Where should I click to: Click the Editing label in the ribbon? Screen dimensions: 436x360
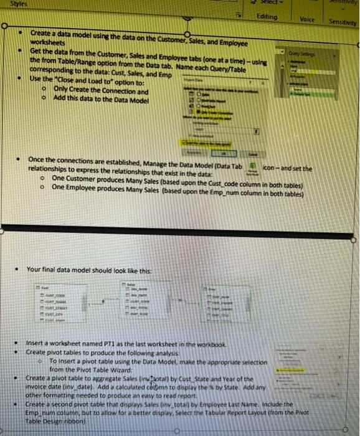pos(267,17)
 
